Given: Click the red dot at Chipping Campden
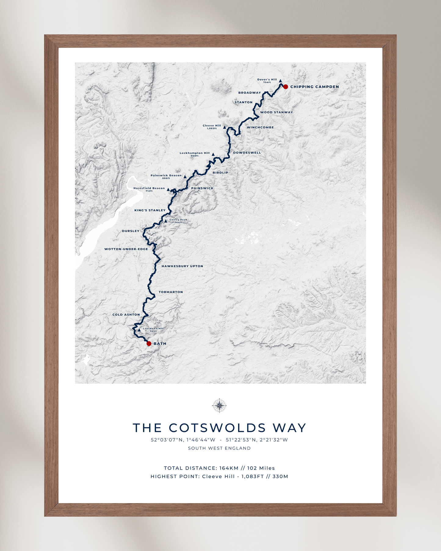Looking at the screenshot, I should click(x=285, y=87).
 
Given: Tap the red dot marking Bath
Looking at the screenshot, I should click(x=149, y=344).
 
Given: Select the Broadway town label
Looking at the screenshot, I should click(x=249, y=93).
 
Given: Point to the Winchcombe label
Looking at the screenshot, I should click(x=260, y=127).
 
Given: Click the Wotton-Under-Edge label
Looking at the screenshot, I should click(x=126, y=249).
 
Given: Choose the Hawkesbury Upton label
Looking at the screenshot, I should click(x=182, y=266).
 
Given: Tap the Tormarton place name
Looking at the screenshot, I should click(x=171, y=292).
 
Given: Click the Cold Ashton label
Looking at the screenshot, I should click(x=126, y=315).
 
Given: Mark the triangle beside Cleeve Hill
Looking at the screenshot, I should click(x=224, y=127).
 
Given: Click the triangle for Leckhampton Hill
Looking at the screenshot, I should click(x=213, y=154).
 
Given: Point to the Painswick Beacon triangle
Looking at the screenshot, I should click(x=185, y=177).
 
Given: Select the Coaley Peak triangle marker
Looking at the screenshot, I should click(x=166, y=221).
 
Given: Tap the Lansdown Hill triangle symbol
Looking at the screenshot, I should click(x=139, y=330).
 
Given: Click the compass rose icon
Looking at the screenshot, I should click(x=219, y=405).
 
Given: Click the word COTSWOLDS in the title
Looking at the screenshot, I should click(x=217, y=428).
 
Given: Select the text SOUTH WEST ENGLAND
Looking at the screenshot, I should click(x=219, y=448).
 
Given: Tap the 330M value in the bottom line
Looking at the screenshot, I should click(x=280, y=476).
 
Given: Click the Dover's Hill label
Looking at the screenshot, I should click(x=267, y=80).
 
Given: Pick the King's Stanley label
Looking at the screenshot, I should click(x=150, y=210).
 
